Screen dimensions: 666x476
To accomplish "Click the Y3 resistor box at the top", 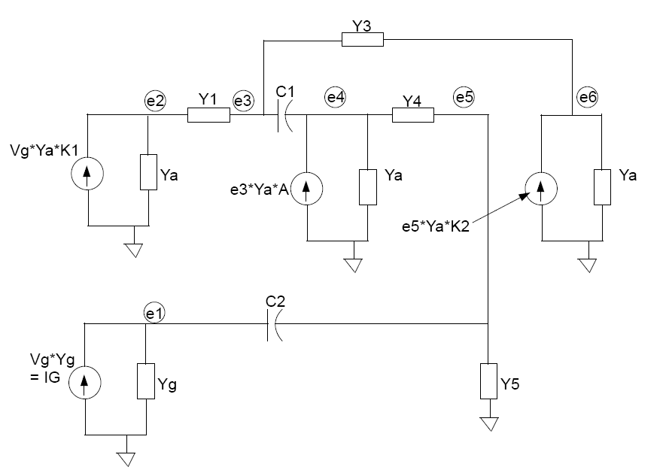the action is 362,39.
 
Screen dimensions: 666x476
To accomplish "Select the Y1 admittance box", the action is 208,115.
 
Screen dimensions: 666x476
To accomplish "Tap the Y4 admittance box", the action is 413,115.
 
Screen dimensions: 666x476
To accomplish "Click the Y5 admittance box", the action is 488,381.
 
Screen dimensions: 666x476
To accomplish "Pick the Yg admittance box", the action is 146,381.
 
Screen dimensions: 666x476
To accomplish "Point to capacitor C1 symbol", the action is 285,115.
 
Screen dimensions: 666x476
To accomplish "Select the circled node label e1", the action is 154,313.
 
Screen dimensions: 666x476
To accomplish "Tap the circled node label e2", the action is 155,101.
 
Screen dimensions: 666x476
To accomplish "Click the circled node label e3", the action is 243,101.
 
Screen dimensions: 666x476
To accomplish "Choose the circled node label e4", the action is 336,97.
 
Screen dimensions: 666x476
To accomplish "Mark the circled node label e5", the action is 464,97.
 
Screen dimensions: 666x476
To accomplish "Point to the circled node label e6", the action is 588,97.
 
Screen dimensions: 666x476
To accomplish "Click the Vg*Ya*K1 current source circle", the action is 87,173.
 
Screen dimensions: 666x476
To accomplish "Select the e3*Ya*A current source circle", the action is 306,188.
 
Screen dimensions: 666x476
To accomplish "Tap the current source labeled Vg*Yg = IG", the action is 85,382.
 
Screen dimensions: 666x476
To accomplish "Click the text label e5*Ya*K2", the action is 436,226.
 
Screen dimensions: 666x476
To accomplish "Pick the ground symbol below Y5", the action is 489,424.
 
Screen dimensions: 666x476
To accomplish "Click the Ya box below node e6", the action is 602,187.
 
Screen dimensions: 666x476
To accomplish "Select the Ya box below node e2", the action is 149,171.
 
